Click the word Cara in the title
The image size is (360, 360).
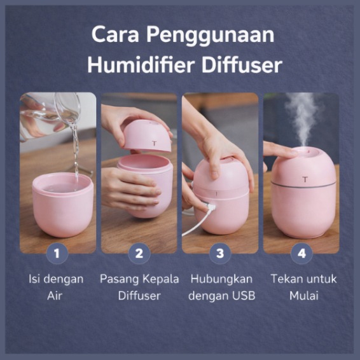pyautogui.click(x=115, y=34)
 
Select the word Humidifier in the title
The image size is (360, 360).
pyautogui.click(x=141, y=65)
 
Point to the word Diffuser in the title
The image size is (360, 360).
pyautogui.click(x=242, y=65)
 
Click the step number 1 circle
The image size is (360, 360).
pyautogui.click(x=57, y=254)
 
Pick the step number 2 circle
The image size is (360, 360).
pyautogui.click(x=139, y=254)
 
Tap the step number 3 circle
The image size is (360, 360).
pyautogui.click(x=220, y=254)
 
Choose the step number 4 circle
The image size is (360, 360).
pyautogui.click(x=301, y=254)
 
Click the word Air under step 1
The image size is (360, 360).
pyautogui.click(x=55, y=296)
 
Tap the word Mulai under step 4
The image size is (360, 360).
pyautogui.click(x=304, y=296)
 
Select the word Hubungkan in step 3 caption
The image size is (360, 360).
pyautogui.click(x=221, y=279)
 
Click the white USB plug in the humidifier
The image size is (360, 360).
pyautogui.click(x=211, y=207)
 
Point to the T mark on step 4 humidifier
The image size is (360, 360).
pyautogui.click(x=305, y=179)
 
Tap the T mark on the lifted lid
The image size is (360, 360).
pyautogui.click(x=155, y=144)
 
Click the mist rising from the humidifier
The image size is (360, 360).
pyautogui.click(x=303, y=120)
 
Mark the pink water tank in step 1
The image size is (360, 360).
pyautogui.click(x=62, y=205)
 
